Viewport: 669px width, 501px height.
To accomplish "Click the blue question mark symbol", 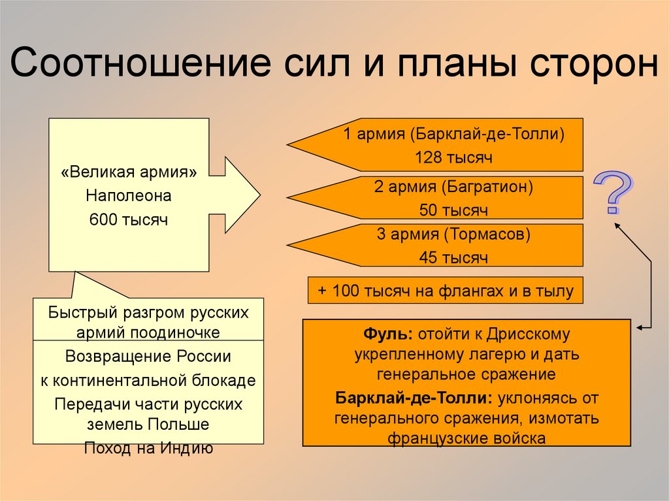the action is point(613,193).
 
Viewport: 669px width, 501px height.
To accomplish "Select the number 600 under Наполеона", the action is point(103,219).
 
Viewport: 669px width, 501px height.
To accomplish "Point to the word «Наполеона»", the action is point(129,196).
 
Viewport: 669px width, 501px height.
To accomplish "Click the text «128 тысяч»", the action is point(453,157).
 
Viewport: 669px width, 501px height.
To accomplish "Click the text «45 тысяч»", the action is point(453,257).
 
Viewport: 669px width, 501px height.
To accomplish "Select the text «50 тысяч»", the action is point(453,210).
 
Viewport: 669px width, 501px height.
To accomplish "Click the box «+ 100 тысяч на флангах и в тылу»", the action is point(446,291).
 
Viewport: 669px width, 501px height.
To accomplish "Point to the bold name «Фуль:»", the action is point(388,334).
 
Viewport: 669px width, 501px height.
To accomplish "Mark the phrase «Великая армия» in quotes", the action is point(129,172).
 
